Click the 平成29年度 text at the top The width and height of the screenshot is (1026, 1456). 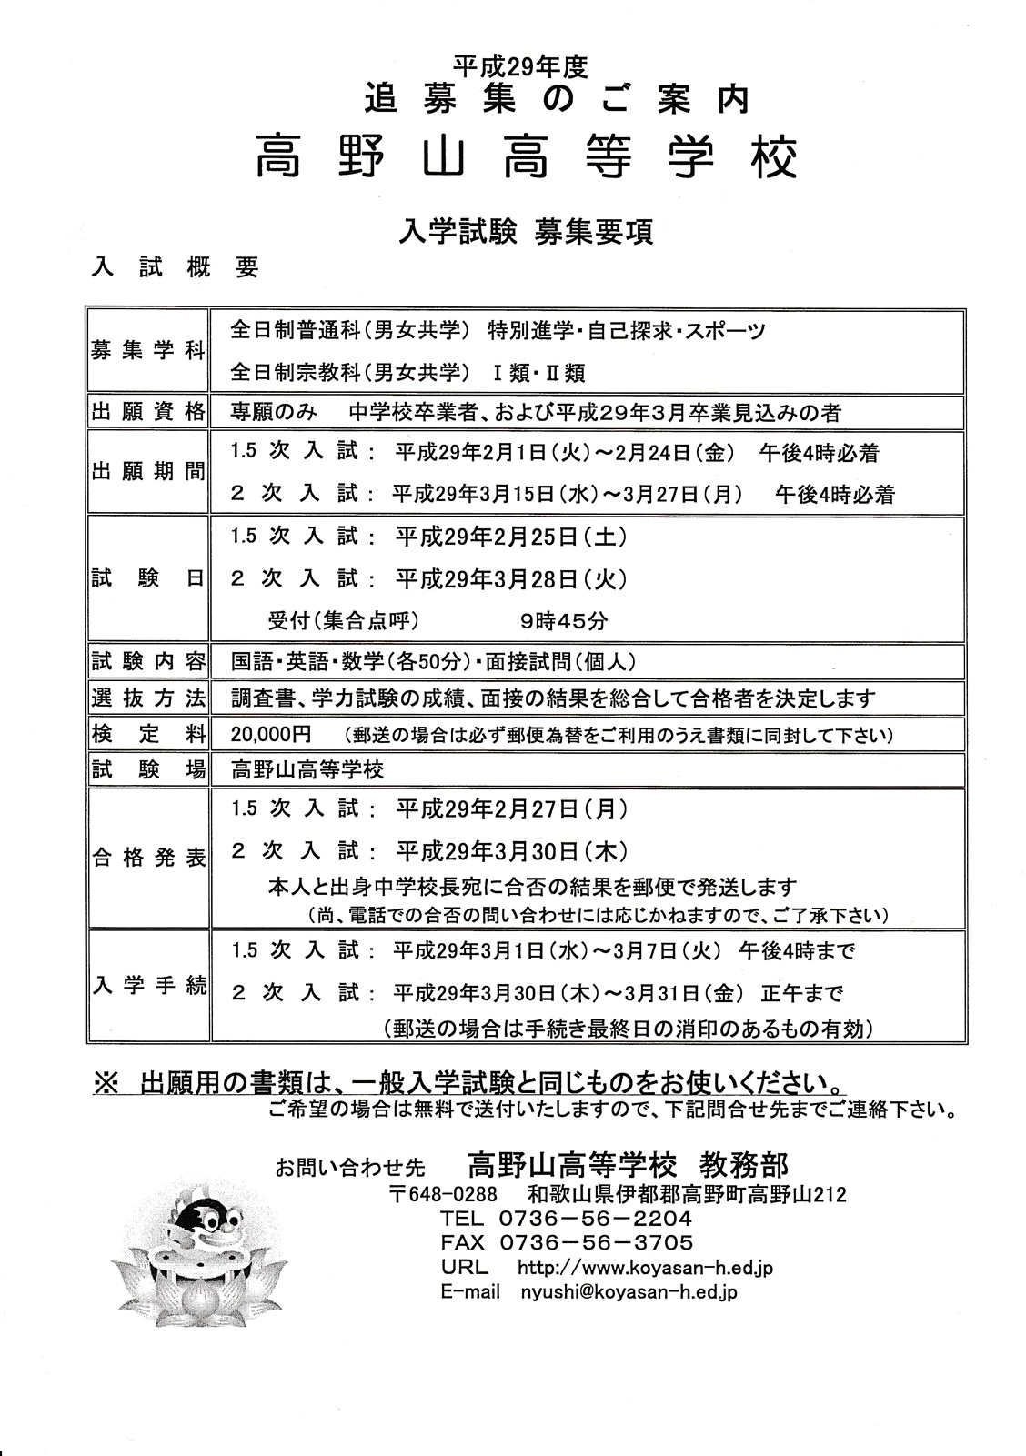coord(520,66)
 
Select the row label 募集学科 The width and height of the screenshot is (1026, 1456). coord(148,352)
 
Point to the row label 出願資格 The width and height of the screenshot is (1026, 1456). coord(148,412)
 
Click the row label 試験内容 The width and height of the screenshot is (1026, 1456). coord(148,661)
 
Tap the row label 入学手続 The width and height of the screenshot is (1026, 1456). coord(148,987)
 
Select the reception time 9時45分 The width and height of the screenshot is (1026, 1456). coord(564,622)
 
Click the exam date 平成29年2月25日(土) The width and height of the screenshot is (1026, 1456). coord(511,537)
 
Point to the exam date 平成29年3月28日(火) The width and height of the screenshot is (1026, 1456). coord(511,579)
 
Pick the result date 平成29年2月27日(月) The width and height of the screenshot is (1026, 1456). coord(511,808)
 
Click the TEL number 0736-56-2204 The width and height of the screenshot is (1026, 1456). coord(596,1219)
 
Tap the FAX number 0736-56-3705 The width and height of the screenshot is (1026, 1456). coord(596,1243)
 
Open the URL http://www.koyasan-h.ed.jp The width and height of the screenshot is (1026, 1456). coord(644,1268)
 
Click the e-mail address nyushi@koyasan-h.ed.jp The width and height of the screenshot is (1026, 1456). coord(629,1292)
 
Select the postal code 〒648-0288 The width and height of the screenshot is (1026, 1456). coord(443,1195)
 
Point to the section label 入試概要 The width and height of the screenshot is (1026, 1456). coord(175,266)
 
